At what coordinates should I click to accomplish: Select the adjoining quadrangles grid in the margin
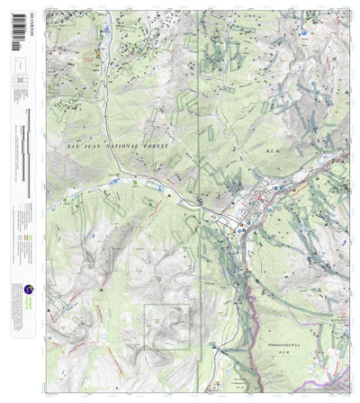(x=19, y=86)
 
